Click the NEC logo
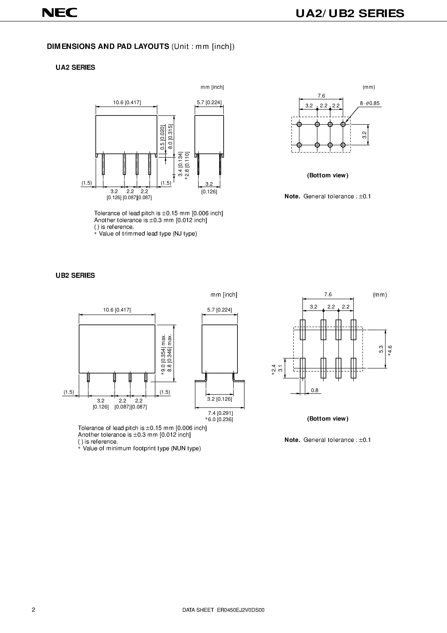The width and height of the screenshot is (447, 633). point(59,13)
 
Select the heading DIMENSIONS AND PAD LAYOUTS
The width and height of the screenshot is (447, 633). point(108,47)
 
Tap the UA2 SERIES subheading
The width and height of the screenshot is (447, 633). point(75,68)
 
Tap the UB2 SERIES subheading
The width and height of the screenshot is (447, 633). point(75,275)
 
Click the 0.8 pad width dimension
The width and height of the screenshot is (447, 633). point(314,390)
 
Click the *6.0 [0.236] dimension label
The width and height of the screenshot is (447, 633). point(219,419)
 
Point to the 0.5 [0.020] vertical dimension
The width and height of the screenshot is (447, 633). point(163,137)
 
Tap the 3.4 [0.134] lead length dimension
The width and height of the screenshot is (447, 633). point(180,164)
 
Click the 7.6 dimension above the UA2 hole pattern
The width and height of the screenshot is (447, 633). point(321,96)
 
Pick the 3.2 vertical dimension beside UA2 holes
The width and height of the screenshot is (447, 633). point(364,134)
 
